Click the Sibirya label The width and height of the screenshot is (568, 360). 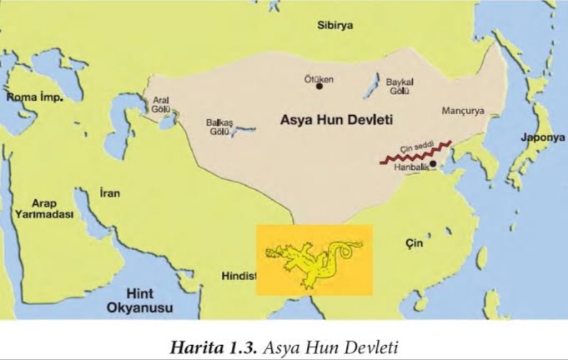[334, 25]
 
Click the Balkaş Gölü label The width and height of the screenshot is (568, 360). [219, 127]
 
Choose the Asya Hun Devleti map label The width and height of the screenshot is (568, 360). [331, 122]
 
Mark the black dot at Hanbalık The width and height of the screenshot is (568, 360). [432, 163]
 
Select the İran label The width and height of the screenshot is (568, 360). [109, 193]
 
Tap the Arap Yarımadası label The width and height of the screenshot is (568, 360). [43, 208]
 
